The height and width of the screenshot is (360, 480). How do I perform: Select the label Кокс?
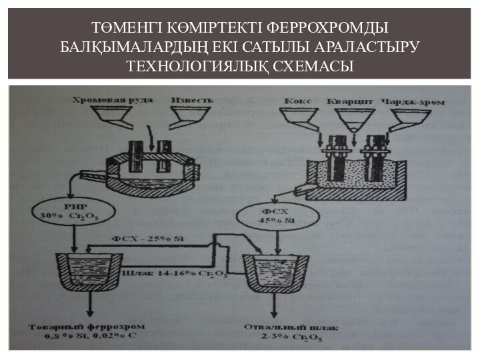297,101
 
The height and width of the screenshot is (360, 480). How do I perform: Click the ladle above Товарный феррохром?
87,273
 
